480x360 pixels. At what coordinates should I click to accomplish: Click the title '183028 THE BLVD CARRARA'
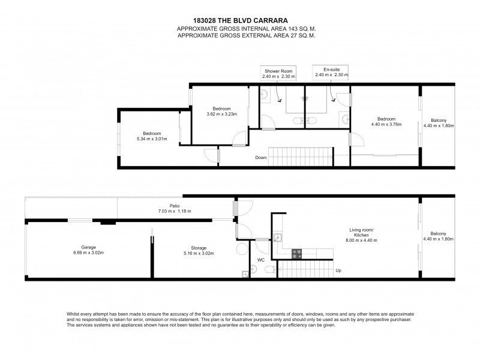pyautogui.click(x=241, y=20)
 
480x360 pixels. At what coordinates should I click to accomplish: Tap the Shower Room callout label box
pyautogui.click(x=278, y=73)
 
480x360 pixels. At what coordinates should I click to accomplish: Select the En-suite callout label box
pyautogui.click(x=331, y=72)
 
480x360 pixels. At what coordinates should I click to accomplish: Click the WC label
pyautogui.click(x=261, y=260)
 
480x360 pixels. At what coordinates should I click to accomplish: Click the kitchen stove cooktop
pyautogui.click(x=296, y=254)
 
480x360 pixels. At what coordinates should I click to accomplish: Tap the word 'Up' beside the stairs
pyautogui.click(x=338, y=271)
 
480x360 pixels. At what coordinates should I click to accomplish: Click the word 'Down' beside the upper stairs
pyautogui.click(x=261, y=158)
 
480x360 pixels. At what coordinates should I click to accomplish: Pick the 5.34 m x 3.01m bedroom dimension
pyautogui.click(x=152, y=139)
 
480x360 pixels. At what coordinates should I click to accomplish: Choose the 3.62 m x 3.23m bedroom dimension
pyautogui.click(x=221, y=114)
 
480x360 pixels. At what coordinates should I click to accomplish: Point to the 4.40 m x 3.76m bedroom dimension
pyautogui.click(x=386, y=124)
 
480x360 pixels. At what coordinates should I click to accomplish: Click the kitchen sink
pyautogui.click(x=278, y=237)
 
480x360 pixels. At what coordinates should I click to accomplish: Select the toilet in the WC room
pyautogui.click(x=271, y=269)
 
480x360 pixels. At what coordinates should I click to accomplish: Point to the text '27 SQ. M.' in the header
pyautogui.click(x=302, y=35)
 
